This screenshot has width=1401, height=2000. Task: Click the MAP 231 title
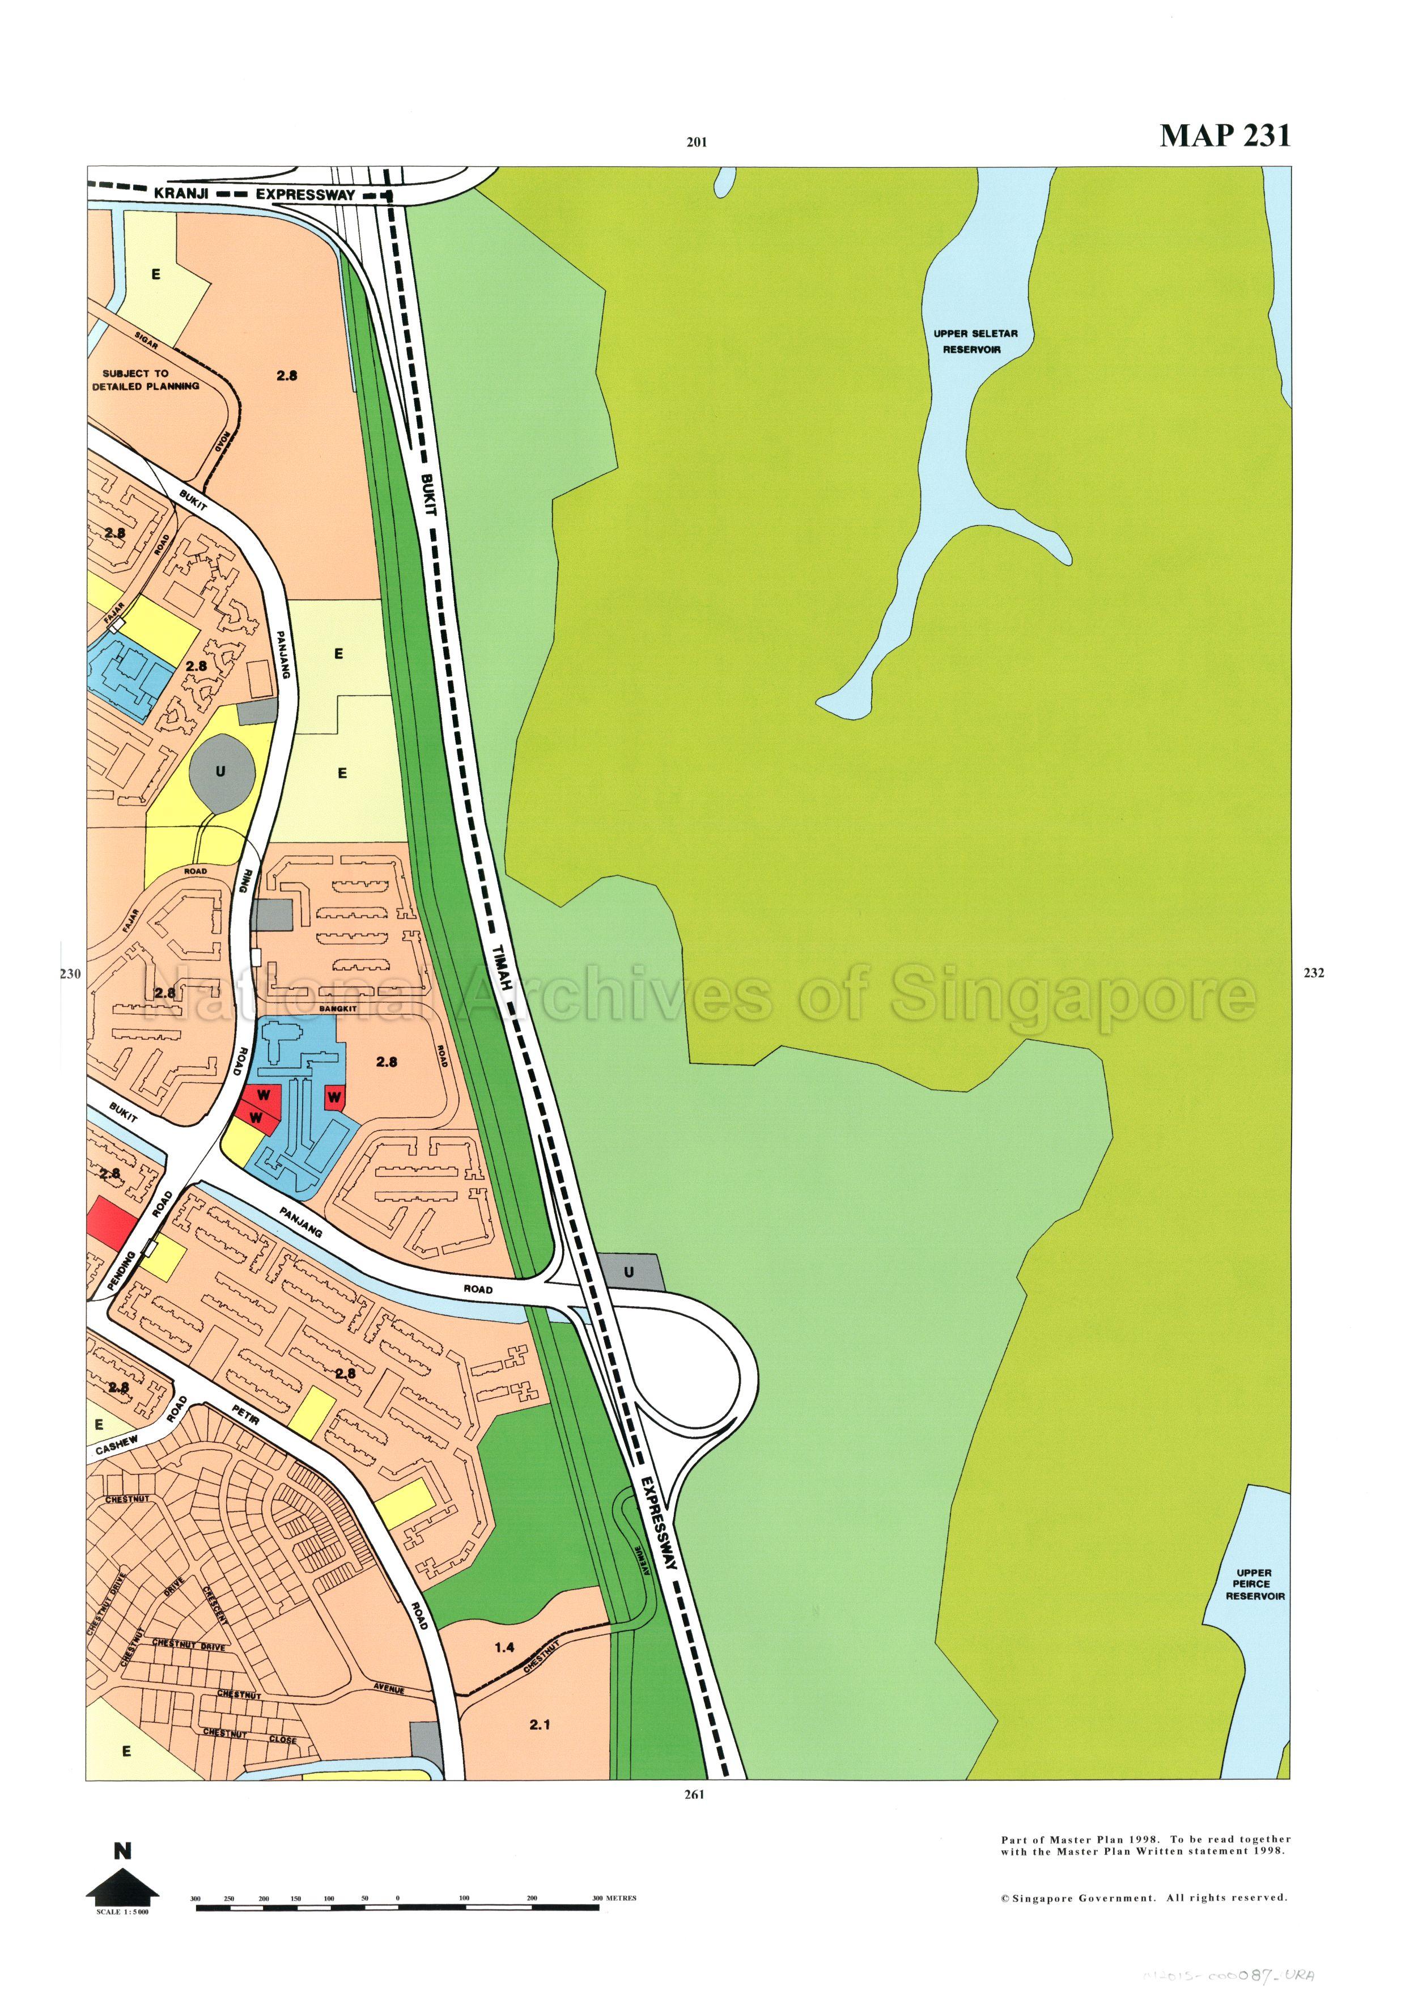pyautogui.click(x=1224, y=136)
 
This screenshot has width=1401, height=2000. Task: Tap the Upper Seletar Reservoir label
pyautogui.click(x=974, y=341)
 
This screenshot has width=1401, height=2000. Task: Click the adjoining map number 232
pyautogui.click(x=1314, y=973)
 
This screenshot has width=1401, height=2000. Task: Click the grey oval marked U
pyautogui.click(x=221, y=771)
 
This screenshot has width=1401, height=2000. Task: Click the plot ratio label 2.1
pyautogui.click(x=539, y=1724)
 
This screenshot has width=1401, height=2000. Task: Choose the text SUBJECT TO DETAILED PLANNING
pyautogui.click(x=146, y=379)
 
